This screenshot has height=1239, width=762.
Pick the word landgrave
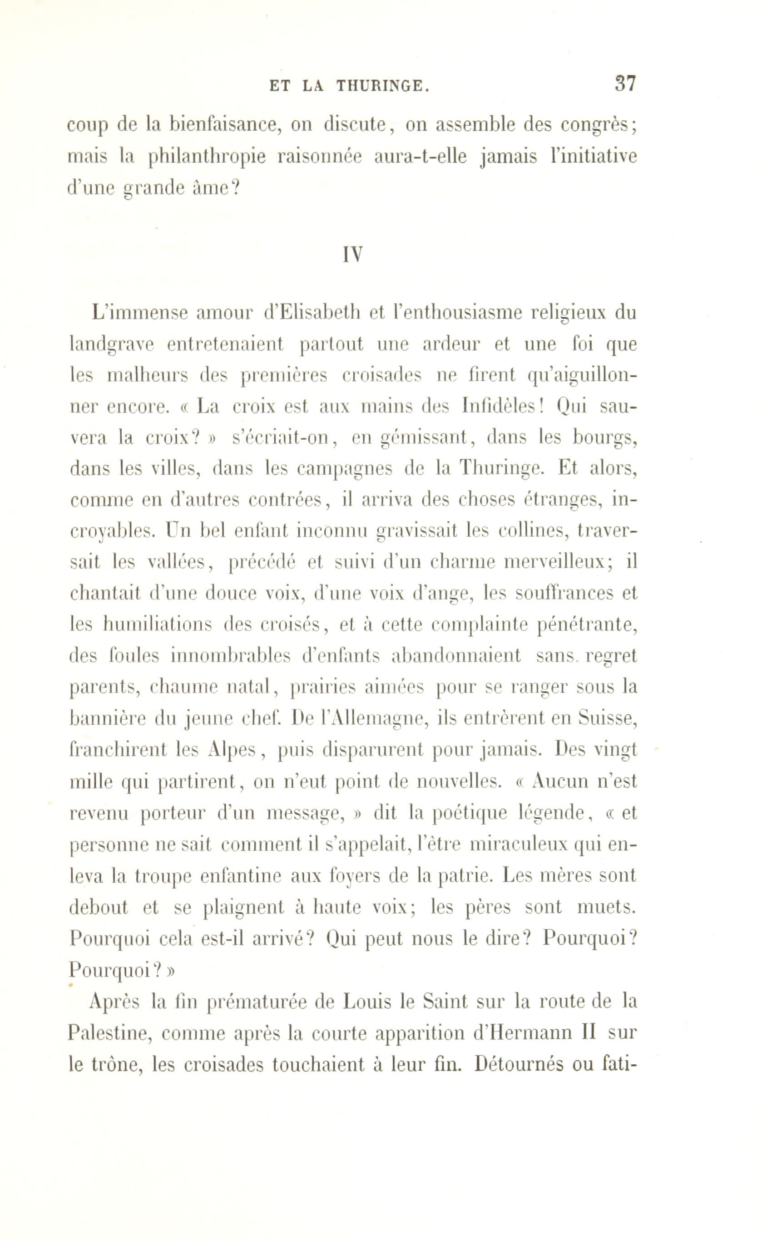point(111,345)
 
